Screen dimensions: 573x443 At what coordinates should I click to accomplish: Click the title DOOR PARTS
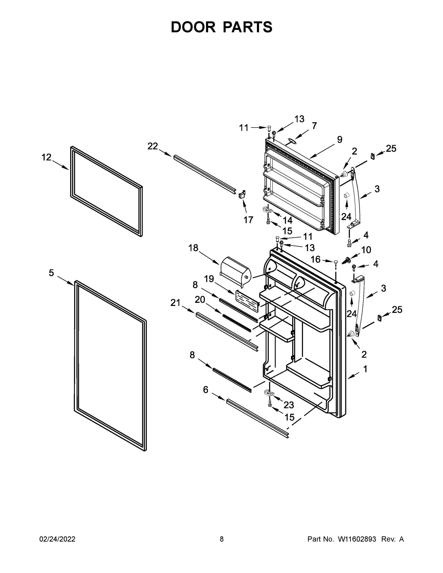pyautogui.click(x=222, y=27)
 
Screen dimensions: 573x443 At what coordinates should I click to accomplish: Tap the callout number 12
pyautogui.click(x=47, y=157)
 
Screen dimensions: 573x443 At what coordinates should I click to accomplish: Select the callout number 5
pyautogui.click(x=51, y=273)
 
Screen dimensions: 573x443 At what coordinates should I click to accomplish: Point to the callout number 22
pyautogui.click(x=153, y=146)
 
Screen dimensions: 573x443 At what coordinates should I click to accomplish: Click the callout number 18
pyautogui.click(x=193, y=248)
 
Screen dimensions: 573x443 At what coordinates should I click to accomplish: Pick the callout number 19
pyautogui.click(x=209, y=279)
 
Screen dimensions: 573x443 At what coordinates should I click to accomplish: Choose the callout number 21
pyautogui.click(x=176, y=303)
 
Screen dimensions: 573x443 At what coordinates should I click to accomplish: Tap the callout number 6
pyautogui.click(x=205, y=397)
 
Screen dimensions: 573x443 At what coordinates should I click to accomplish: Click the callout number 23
pyautogui.click(x=289, y=405)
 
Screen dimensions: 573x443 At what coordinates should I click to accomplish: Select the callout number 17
pyautogui.click(x=248, y=220)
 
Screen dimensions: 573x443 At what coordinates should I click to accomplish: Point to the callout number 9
pyautogui.click(x=340, y=140)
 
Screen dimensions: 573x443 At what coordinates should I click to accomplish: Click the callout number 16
pyautogui.click(x=315, y=260)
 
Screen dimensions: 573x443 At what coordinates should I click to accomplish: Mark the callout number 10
pyautogui.click(x=366, y=250)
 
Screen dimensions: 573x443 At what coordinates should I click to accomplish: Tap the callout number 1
pyautogui.click(x=365, y=369)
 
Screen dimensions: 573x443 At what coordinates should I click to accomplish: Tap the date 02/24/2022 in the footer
pyautogui.click(x=57, y=539)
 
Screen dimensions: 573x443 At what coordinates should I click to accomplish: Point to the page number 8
pyautogui.click(x=222, y=539)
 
